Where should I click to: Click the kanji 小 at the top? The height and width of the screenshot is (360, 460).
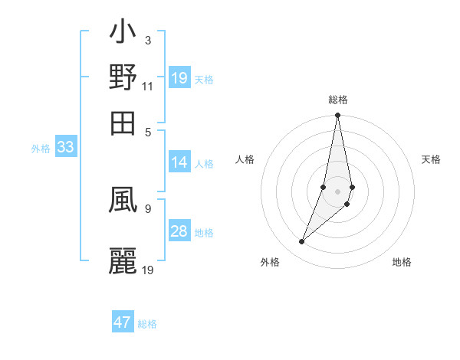click(x=123, y=34)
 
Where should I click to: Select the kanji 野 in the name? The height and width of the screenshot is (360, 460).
click(x=123, y=77)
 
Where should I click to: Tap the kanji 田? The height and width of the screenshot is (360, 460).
click(x=123, y=121)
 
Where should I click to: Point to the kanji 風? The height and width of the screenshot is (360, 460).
click(x=123, y=202)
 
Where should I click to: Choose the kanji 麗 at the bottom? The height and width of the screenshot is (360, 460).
click(x=123, y=260)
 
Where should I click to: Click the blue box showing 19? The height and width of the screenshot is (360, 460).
click(x=179, y=78)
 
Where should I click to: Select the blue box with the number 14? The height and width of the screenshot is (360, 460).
click(x=179, y=162)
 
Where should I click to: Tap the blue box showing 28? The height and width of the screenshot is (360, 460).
click(x=179, y=232)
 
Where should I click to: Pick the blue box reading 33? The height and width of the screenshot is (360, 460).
click(x=65, y=148)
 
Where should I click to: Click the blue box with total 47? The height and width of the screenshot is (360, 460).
click(x=123, y=322)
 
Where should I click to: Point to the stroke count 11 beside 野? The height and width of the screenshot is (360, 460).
click(x=148, y=87)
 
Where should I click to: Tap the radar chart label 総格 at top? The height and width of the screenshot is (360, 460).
click(x=337, y=100)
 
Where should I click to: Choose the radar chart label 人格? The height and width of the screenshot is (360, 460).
click(x=245, y=159)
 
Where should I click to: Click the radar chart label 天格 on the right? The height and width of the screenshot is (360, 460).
click(x=432, y=159)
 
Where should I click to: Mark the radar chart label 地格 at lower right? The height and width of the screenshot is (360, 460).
click(x=402, y=262)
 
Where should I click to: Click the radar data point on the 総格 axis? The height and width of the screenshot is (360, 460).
click(x=337, y=116)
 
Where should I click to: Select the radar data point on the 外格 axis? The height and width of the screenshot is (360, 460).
click(x=302, y=242)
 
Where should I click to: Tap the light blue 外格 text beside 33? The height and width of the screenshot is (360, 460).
click(x=40, y=149)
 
